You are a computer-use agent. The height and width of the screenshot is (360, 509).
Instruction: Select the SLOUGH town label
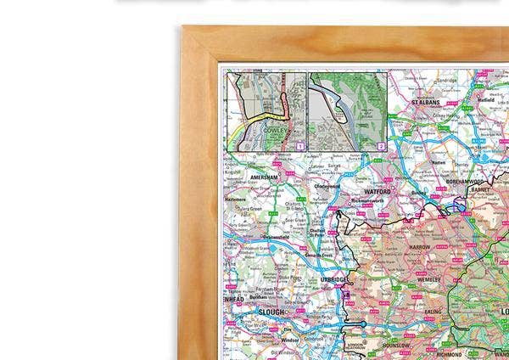(x=274, y=312)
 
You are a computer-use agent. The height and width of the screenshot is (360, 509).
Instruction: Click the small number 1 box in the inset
(x=299, y=146)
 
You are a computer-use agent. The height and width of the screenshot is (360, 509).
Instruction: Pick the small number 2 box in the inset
(x=382, y=146)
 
